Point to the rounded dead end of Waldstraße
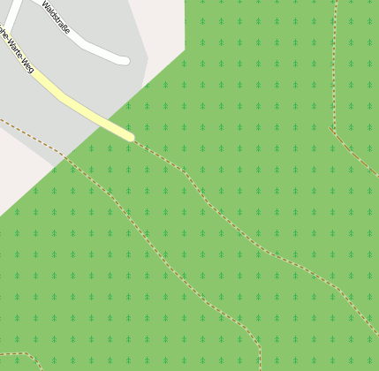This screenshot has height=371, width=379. tap(125, 60)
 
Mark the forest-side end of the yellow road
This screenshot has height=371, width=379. tap(130, 136)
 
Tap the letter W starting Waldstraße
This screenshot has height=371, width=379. tap(45, 4)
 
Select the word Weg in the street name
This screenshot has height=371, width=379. tap(27, 64)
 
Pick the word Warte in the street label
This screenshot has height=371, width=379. tap(15, 48)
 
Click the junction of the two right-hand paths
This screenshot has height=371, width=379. tap(332, 129)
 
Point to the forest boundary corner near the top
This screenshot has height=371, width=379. tap(185, 49)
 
